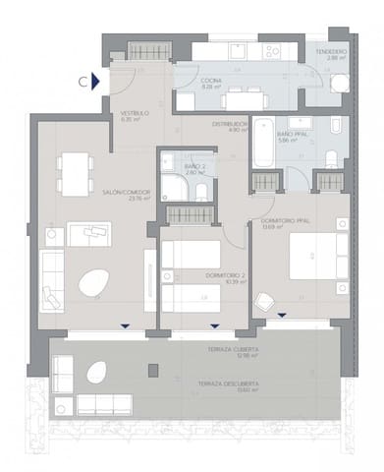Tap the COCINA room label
coord(211,82)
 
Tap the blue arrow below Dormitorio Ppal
coord(282,316)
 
